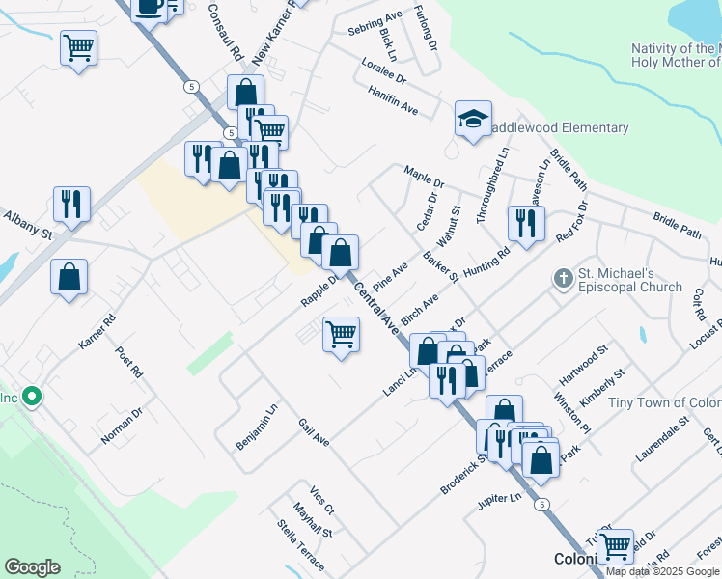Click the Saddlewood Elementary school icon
tap(473, 120)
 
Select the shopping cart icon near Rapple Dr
tap(341, 335)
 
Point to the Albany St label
tap(26, 226)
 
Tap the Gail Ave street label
tap(314, 432)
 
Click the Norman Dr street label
tap(123, 426)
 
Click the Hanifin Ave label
tap(392, 100)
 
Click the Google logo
tap(32, 567)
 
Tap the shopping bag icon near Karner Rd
tap(69, 278)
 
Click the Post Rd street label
tap(129, 363)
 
